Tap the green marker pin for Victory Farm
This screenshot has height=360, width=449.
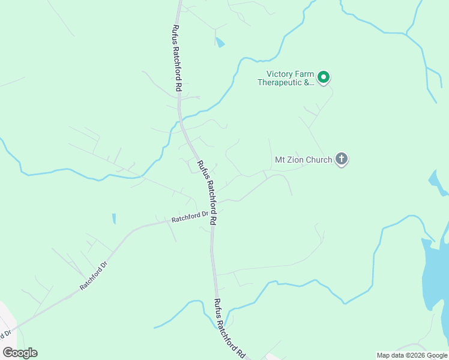click(324, 77)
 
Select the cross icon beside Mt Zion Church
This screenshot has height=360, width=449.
click(342, 160)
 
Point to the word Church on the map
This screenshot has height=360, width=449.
click(319, 160)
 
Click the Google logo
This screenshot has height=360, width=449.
click(20, 353)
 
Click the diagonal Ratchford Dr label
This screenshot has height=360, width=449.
click(94, 276)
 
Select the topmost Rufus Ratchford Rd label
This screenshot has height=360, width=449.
click(176, 58)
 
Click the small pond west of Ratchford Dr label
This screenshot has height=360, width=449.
click(113, 219)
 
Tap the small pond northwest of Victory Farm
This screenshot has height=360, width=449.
click(220, 42)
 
